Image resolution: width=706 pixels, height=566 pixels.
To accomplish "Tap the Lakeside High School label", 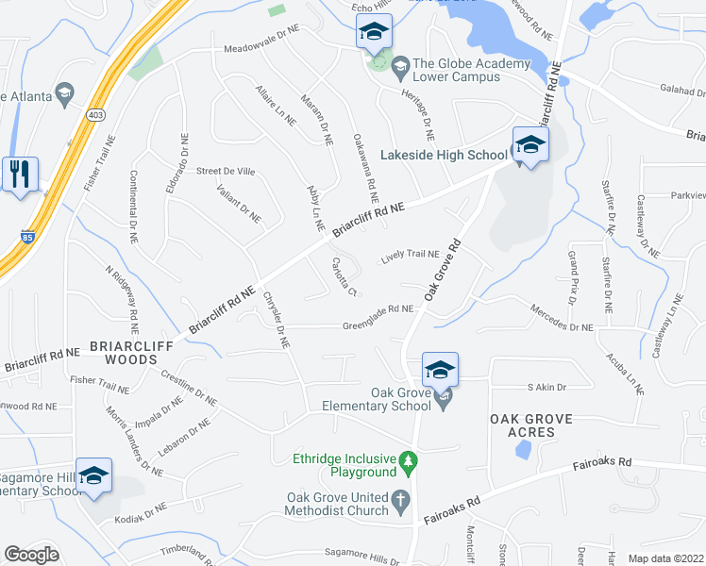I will tap(443, 155).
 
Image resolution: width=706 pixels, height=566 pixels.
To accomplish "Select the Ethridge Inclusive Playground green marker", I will tap(408, 462).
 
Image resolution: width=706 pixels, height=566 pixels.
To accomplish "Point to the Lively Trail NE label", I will tap(411, 255).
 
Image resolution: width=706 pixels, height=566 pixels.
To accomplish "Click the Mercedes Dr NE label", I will tap(561, 321).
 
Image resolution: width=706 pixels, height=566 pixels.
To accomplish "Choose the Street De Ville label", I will tap(226, 171).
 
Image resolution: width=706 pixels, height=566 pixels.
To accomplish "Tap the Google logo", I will tap(31, 554).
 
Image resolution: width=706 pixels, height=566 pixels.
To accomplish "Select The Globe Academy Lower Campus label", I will tap(470, 71).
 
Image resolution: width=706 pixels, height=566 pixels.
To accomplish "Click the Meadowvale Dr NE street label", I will tap(261, 49).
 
